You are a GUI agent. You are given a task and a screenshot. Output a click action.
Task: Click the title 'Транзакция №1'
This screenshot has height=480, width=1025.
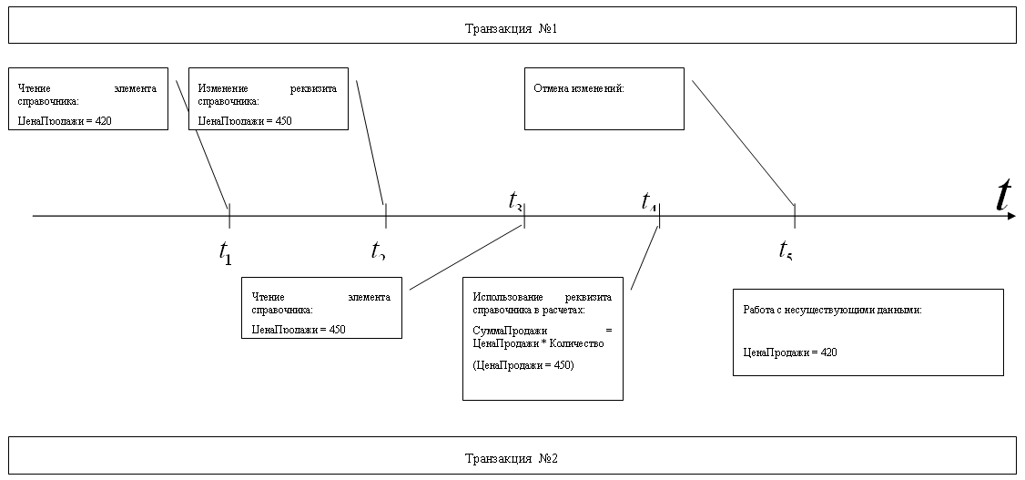[511, 29]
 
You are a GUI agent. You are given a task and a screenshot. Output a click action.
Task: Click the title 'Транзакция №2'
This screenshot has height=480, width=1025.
[511, 457]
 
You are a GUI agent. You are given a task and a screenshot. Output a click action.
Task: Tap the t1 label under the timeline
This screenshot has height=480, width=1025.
[226, 252]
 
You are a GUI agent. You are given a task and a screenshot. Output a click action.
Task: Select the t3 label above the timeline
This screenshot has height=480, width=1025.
[515, 200]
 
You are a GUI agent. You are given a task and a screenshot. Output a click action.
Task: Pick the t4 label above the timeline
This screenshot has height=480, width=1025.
[649, 200]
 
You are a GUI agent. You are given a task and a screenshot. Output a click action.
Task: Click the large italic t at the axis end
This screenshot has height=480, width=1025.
[1004, 195]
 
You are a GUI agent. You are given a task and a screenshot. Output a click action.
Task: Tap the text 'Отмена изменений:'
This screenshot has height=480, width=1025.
[579, 88]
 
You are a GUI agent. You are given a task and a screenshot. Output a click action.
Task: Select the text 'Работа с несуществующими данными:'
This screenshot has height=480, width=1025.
[832, 310]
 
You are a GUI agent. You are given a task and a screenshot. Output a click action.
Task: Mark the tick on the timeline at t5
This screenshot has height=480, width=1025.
[795, 216]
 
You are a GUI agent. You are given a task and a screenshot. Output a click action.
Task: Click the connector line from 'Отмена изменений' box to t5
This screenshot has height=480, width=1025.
[743, 142]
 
